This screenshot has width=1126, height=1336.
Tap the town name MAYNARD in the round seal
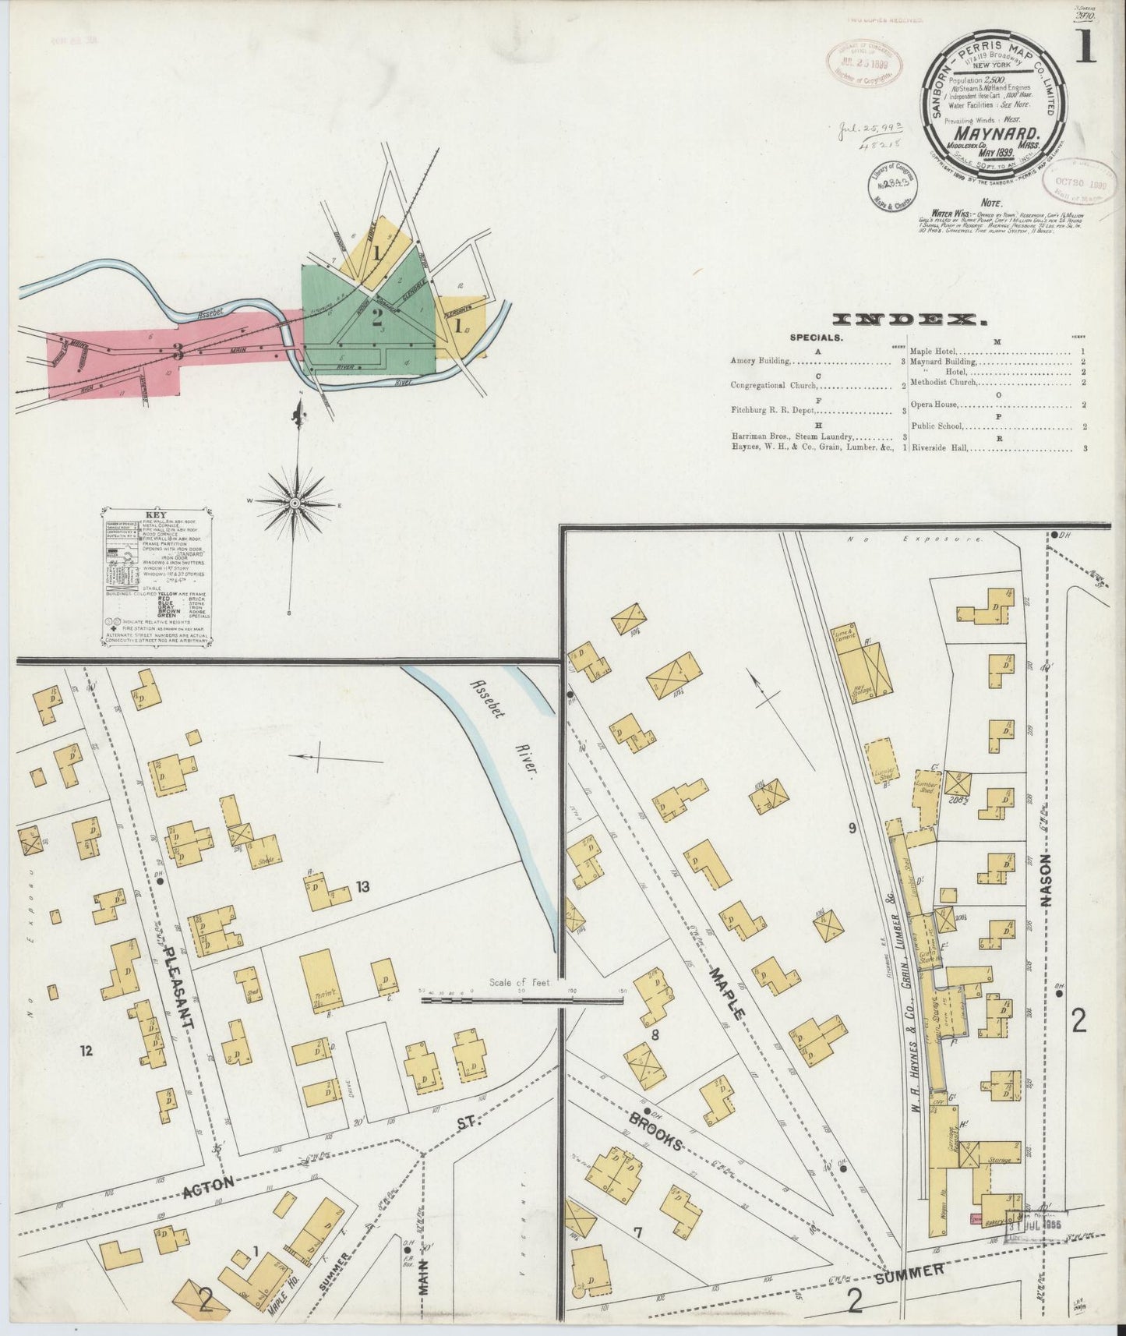(x=994, y=133)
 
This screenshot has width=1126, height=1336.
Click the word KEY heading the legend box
(x=156, y=515)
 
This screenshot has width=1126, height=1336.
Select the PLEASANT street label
(x=177, y=988)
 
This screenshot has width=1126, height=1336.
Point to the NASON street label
(x=1046, y=881)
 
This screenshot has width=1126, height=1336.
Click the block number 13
(x=362, y=886)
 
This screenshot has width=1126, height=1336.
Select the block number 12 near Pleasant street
(x=86, y=1051)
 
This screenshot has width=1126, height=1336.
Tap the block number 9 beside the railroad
(x=852, y=828)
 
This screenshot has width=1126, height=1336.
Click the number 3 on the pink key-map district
(x=178, y=353)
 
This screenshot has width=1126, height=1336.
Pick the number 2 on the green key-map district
(x=377, y=317)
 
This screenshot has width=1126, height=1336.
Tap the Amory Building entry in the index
(x=761, y=361)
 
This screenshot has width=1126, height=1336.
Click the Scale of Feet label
(x=519, y=982)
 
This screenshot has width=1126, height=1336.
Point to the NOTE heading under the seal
(x=991, y=203)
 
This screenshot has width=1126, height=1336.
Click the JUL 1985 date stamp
(x=1036, y=1224)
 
